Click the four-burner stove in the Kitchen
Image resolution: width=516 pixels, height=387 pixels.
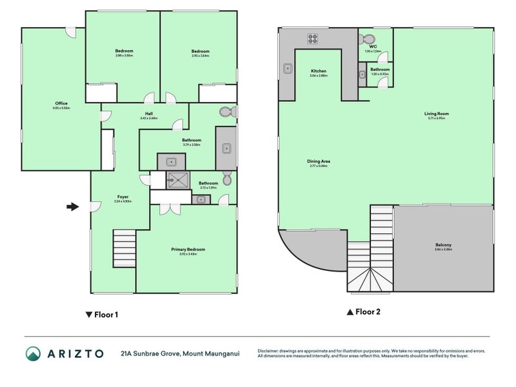pyautogui.click(x=312, y=38)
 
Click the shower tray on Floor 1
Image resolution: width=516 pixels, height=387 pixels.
pyautogui.click(x=175, y=179)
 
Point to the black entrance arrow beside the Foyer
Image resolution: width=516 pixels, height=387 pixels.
pyautogui.click(x=72, y=206)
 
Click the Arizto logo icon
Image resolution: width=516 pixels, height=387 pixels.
pyautogui.click(x=33, y=353)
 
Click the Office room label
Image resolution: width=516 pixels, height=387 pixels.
pyautogui.click(x=61, y=103)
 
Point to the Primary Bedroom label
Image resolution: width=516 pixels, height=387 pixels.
pyautogui.click(x=188, y=249)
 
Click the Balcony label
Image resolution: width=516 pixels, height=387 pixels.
pyautogui.click(x=442, y=244)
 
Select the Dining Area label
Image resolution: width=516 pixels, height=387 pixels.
pyautogui.click(x=319, y=161)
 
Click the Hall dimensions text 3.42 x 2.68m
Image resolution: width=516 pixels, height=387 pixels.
pyautogui.click(x=149, y=118)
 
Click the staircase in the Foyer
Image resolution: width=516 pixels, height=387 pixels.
pyautogui.click(x=124, y=246)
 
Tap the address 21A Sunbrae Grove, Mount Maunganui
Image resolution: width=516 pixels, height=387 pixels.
pyautogui.click(x=180, y=353)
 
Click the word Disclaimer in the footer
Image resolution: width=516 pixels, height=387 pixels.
pyautogui.click(x=270, y=351)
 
